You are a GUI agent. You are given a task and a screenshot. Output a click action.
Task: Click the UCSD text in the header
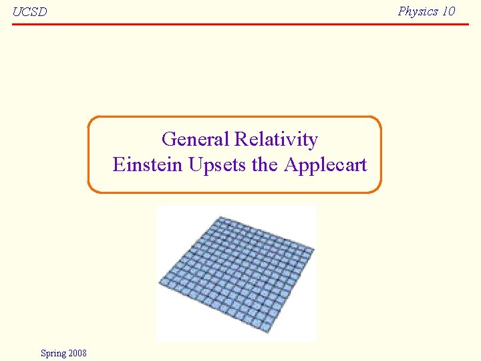click(29, 12)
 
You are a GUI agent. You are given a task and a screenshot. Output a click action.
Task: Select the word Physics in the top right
click(418, 11)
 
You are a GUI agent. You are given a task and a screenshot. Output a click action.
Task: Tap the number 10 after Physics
click(448, 11)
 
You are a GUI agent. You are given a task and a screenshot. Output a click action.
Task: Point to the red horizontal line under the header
click(240, 24)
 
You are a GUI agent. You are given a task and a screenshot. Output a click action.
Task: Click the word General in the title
click(196, 139)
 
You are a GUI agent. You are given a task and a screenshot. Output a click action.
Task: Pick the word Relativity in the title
click(276, 139)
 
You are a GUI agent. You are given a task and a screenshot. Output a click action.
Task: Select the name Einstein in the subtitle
click(148, 164)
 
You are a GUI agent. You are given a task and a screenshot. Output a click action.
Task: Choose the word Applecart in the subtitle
click(325, 164)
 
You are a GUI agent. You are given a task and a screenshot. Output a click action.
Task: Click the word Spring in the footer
click(53, 353)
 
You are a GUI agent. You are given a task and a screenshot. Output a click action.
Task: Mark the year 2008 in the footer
click(77, 353)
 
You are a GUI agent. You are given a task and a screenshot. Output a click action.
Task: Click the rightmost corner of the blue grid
click(314, 249)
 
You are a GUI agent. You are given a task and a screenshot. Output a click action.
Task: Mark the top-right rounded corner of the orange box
click(377, 120)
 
